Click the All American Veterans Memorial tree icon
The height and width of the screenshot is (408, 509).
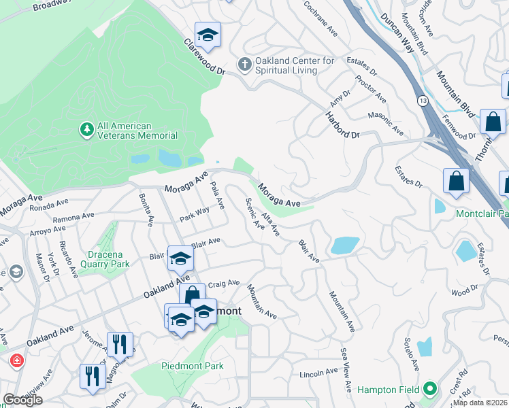(x=86, y=129)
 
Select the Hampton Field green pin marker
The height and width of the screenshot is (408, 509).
(x=429, y=389)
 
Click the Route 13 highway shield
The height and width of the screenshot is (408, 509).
(x=423, y=101)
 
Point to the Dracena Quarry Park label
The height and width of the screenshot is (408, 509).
(x=101, y=264)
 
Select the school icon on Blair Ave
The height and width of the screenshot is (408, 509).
(x=180, y=258)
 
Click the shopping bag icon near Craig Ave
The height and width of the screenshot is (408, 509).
(x=192, y=295)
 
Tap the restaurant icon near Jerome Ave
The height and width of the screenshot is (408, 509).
(x=120, y=344)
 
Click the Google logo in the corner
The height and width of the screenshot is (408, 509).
(x=22, y=399)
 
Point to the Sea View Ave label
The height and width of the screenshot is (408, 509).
(x=346, y=371)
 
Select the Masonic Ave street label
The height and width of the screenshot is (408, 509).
(x=385, y=122)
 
